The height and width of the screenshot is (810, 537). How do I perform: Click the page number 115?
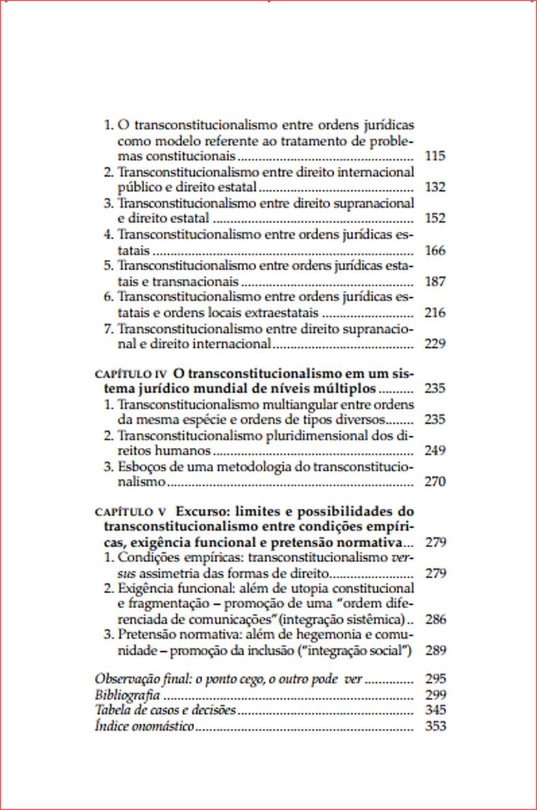434,156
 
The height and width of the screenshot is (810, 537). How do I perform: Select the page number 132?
434,188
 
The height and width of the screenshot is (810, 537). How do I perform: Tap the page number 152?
434,219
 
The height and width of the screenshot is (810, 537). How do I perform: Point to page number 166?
434,250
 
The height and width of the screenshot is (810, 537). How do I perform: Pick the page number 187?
434,282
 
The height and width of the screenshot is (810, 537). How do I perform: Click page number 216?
434,313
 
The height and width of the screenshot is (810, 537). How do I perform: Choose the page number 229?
434,344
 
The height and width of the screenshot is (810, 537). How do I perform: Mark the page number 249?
434,450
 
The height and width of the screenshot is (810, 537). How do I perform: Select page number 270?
434,482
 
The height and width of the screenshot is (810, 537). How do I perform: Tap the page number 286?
434,619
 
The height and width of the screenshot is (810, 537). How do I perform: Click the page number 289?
434,650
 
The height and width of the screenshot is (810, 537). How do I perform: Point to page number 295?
434,680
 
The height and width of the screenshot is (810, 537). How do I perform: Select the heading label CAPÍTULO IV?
131,374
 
